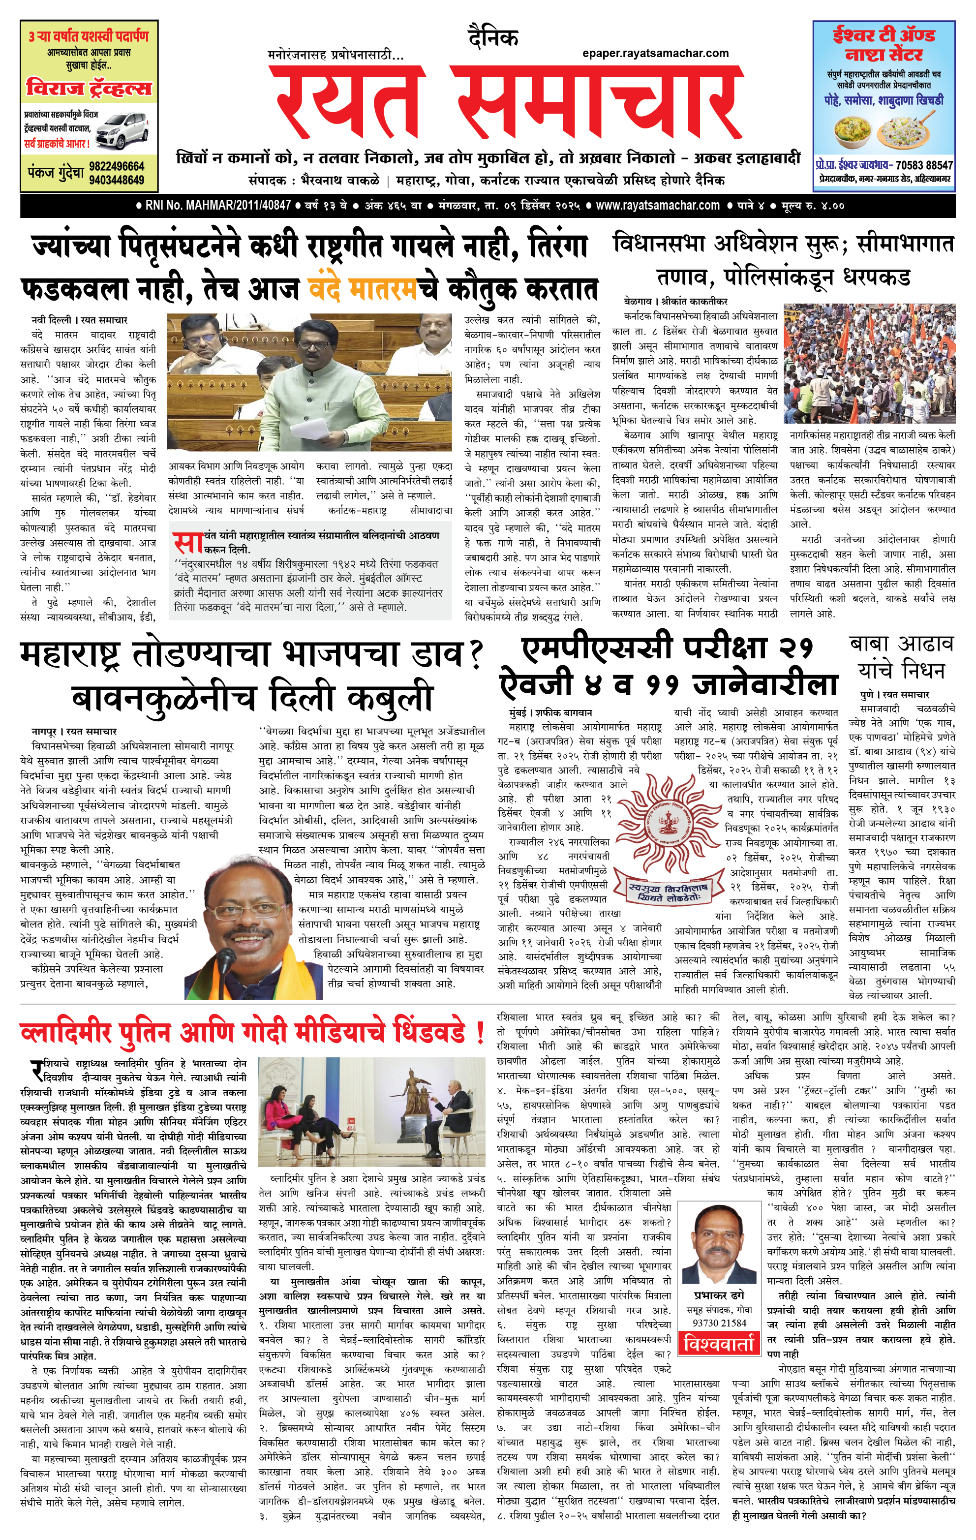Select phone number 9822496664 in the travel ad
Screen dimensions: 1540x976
point(117,166)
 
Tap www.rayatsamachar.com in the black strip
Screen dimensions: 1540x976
point(657,206)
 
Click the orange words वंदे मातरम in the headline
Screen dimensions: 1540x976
point(363,288)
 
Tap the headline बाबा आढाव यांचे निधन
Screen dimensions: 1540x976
point(901,656)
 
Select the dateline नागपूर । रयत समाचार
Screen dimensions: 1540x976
point(74,731)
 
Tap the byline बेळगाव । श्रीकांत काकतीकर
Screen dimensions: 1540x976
point(675,301)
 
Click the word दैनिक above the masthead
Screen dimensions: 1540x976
point(492,38)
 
